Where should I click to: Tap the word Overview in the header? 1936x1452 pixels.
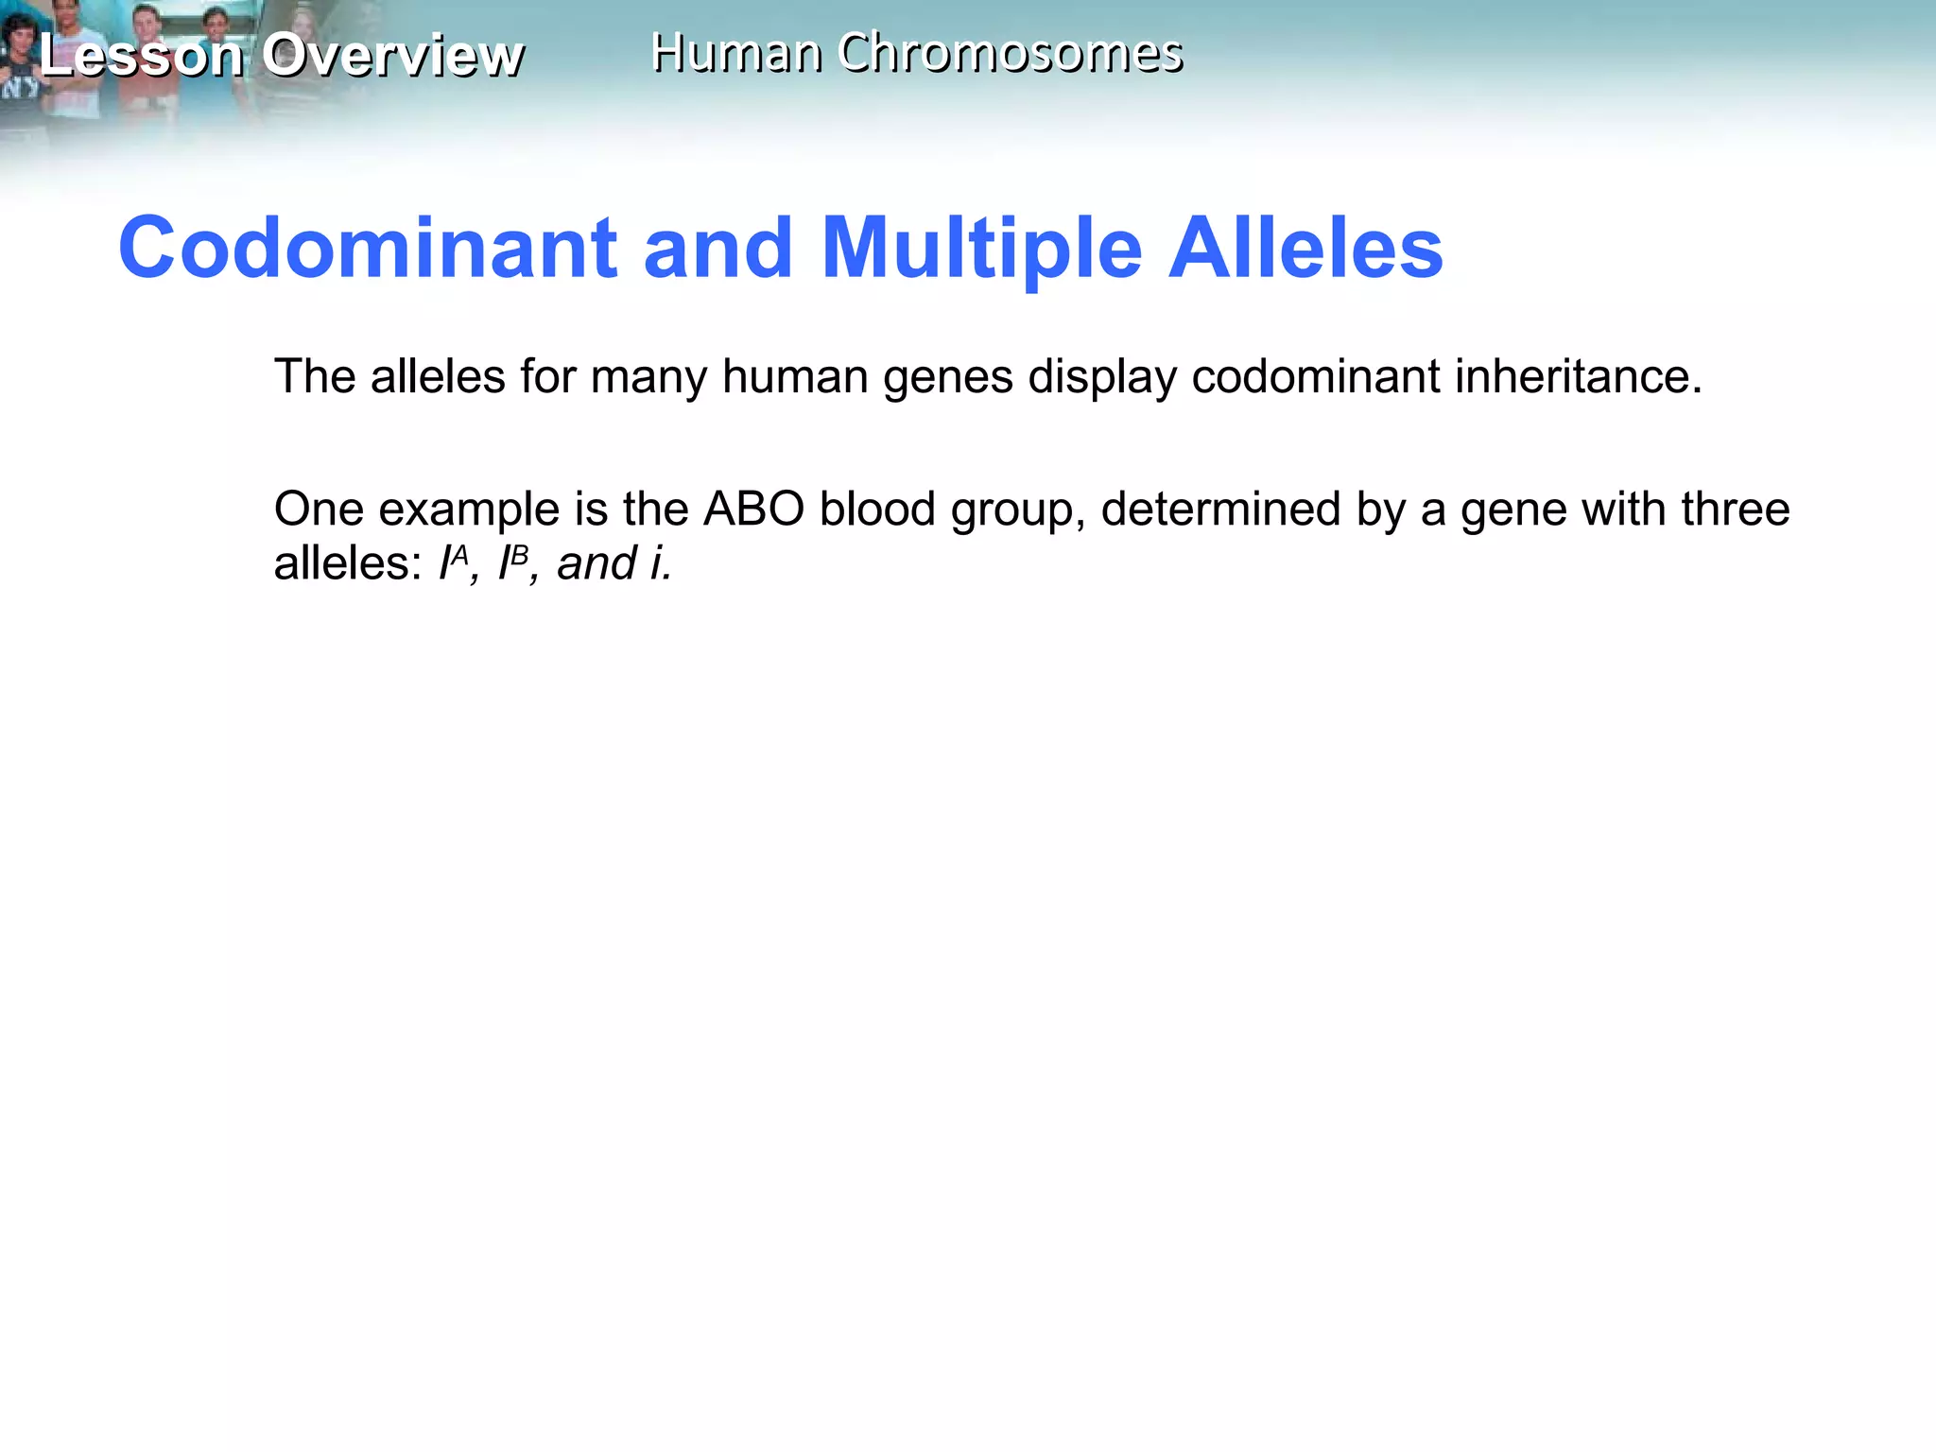tap(392, 55)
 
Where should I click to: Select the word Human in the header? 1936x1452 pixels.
tap(735, 53)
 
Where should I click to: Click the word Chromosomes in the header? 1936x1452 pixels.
tap(1010, 53)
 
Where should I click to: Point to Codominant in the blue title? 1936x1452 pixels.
tap(368, 248)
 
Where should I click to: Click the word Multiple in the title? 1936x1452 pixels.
tap(982, 250)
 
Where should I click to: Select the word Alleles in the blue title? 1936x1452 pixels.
tap(1305, 248)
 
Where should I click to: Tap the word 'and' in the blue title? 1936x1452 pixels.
tap(718, 248)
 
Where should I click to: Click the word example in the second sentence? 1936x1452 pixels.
tap(470, 510)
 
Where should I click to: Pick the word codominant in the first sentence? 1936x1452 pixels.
tap(1315, 376)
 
